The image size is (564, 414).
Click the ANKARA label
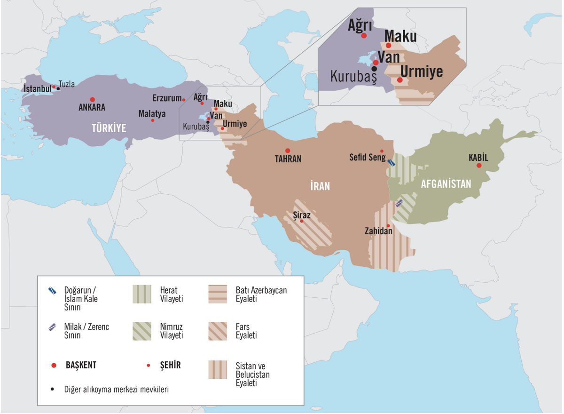click(92, 108)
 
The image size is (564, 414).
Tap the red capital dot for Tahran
click(288, 151)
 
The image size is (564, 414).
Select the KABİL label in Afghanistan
click(478, 158)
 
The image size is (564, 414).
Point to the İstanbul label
click(37, 88)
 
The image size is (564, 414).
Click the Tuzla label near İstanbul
click(67, 84)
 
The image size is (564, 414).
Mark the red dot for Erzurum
click(183, 100)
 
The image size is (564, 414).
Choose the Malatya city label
click(152, 113)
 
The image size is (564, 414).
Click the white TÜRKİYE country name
click(110, 127)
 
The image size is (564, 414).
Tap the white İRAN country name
click(320, 186)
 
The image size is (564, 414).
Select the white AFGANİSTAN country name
click(446, 184)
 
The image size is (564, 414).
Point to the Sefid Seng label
click(365, 158)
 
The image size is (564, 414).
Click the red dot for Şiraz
click(302, 221)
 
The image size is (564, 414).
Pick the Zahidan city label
click(379, 231)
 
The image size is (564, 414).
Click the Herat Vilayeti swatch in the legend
click(141, 294)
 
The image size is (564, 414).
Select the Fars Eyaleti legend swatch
click(217, 331)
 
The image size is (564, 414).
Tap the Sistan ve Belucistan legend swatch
click(217, 370)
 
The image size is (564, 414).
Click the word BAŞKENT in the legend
click(81, 365)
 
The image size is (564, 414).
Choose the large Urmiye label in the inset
click(422, 72)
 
